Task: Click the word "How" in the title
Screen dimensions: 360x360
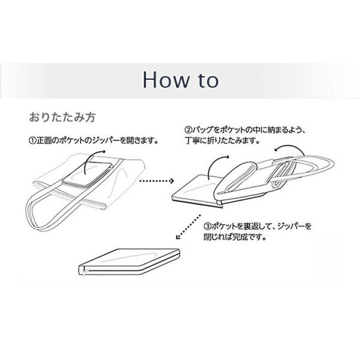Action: (x=164, y=79)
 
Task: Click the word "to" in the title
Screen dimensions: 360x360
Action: (x=205, y=80)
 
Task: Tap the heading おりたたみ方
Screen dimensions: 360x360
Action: (x=62, y=114)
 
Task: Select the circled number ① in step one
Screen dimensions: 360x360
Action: (x=32, y=142)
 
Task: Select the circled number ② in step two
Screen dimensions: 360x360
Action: (x=187, y=129)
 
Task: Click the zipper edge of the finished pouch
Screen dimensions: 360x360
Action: (x=85, y=269)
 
